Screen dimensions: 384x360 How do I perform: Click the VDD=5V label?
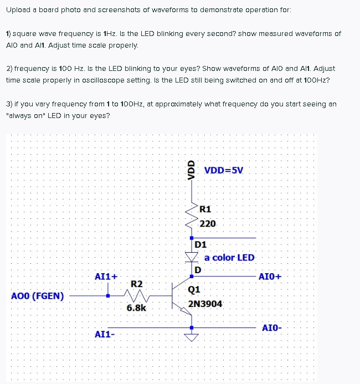(x=224, y=170)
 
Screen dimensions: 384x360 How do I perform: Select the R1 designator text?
(x=205, y=209)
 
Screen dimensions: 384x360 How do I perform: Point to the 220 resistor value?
(x=208, y=224)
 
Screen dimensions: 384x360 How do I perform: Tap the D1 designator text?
(x=200, y=244)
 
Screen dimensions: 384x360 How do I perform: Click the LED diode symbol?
(x=192, y=257)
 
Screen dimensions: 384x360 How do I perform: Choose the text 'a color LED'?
(x=229, y=258)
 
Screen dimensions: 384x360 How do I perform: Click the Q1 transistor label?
(x=194, y=289)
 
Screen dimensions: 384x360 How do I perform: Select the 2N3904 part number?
(x=205, y=304)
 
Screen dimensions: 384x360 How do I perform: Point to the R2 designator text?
(x=136, y=284)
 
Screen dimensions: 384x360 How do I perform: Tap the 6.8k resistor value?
(x=136, y=308)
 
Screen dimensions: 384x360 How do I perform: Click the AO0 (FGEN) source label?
(x=37, y=296)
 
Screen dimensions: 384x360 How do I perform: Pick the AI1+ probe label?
(x=106, y=276)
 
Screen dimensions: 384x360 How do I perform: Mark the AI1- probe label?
(x=105, y=334)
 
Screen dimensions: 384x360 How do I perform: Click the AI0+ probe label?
(x=270, y=276)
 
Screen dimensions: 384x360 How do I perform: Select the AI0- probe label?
(x=271, y=328)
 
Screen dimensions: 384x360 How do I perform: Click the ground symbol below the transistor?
(x=192, y=337)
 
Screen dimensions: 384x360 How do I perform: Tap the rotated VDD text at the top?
(x=192, y=168)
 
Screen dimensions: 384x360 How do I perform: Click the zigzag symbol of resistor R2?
(x=137, y=295)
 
